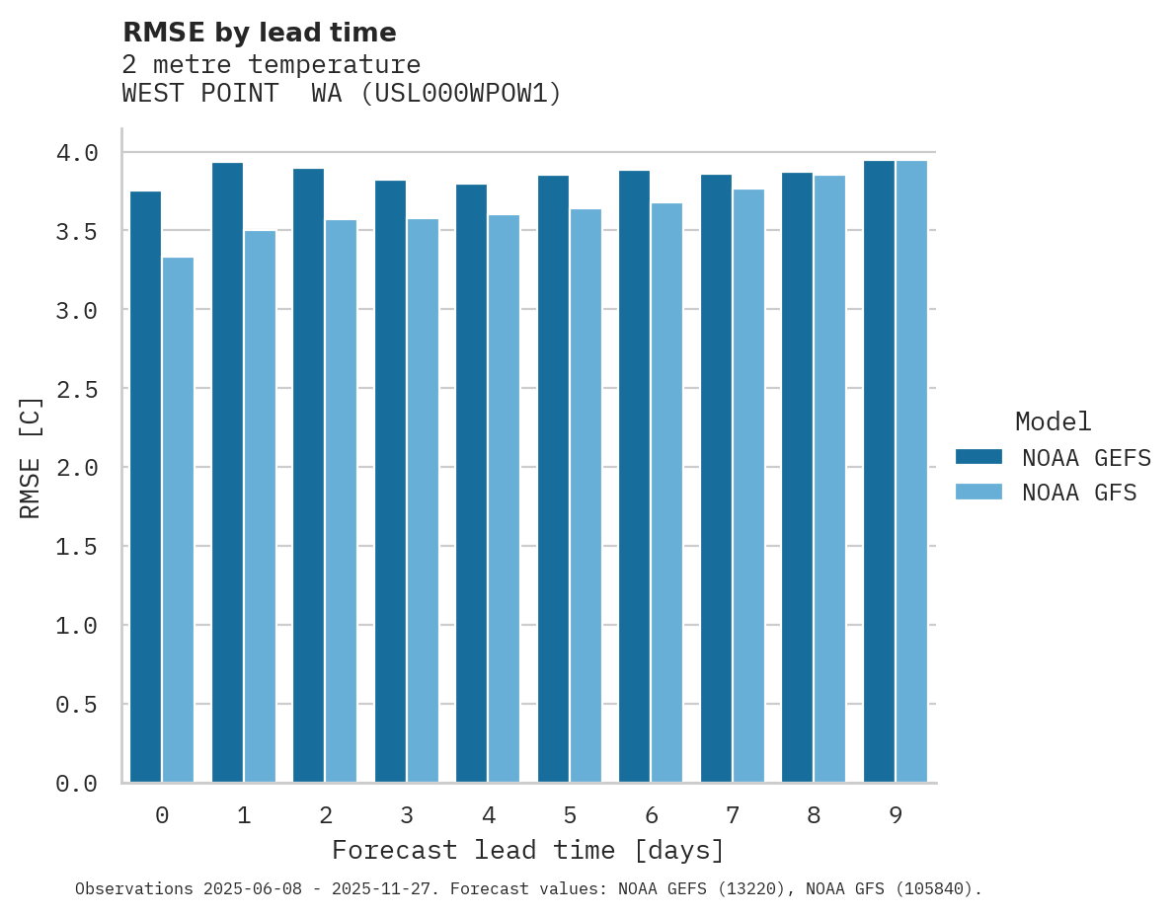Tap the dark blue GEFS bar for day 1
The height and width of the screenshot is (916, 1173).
pyautogui.click(x=227, y=473)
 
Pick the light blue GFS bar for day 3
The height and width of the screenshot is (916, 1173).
pyautogui.click(x=423, y=500)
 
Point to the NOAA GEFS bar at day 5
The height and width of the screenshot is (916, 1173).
pyautogui.click(x=553, y=479)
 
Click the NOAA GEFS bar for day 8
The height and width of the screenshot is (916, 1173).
pyautogui.click(x=797, y=478)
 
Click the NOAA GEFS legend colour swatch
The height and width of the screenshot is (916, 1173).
pyautogui.click(x=978, y=457)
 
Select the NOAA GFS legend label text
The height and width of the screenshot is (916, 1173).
pyautogui.click(x=1079, y=493)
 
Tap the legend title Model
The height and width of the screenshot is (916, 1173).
pyautogui.click(x=1053, y=421)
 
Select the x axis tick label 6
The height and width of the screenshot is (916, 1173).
pyautogui.click(x=652, y=815)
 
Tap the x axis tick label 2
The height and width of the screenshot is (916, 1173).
pyautogui.click(x=325, y=815)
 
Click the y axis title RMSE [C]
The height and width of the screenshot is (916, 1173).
pyautogui.click(x=31, y=457)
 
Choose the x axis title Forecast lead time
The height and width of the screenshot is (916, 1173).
pyautogui.click(x=527, y=850)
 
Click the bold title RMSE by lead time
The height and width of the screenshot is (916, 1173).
pyautogui.click(x=259, y=33)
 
